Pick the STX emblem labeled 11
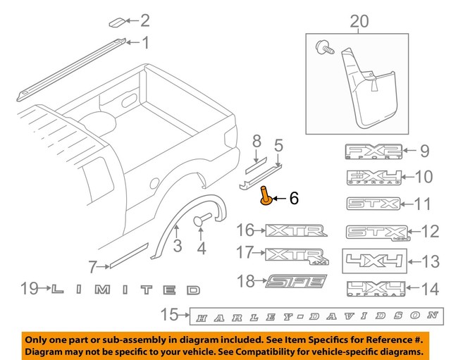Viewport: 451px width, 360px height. pyautogui.click(x=373, y=204)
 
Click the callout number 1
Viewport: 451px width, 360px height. pyautogui.click(x=146, y=44)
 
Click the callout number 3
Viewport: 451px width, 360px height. pyautogui.click(x=178, y=245)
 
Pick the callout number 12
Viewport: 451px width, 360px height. pyautogui.click(x=431, y=231)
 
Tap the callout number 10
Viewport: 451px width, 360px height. pyautogui.click(x=424, y=177)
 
